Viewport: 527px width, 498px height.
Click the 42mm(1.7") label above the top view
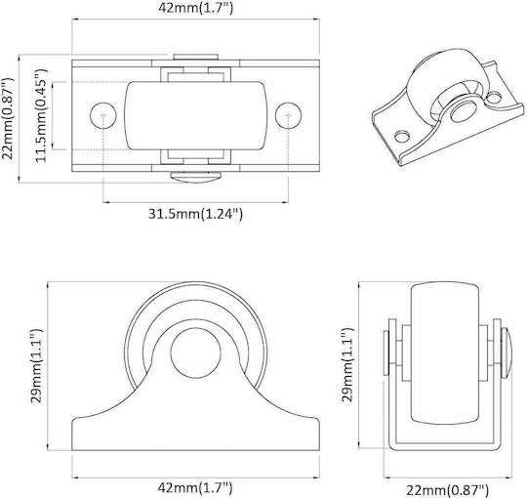pos(195,8)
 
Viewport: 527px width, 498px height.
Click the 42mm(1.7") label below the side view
pos(195,486)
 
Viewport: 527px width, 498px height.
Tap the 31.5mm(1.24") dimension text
pos(195,214)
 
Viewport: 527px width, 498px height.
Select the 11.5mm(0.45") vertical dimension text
pos(42,115)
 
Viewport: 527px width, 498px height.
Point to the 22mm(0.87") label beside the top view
pos(8,118)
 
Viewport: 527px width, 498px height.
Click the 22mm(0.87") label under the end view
pos(447,490)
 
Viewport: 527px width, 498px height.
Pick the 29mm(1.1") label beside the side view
pos(37,365)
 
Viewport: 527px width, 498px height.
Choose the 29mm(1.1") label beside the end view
pos(347,364)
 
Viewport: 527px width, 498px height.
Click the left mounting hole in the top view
pos(103,115)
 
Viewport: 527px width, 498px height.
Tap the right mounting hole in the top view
pos(288,115)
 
